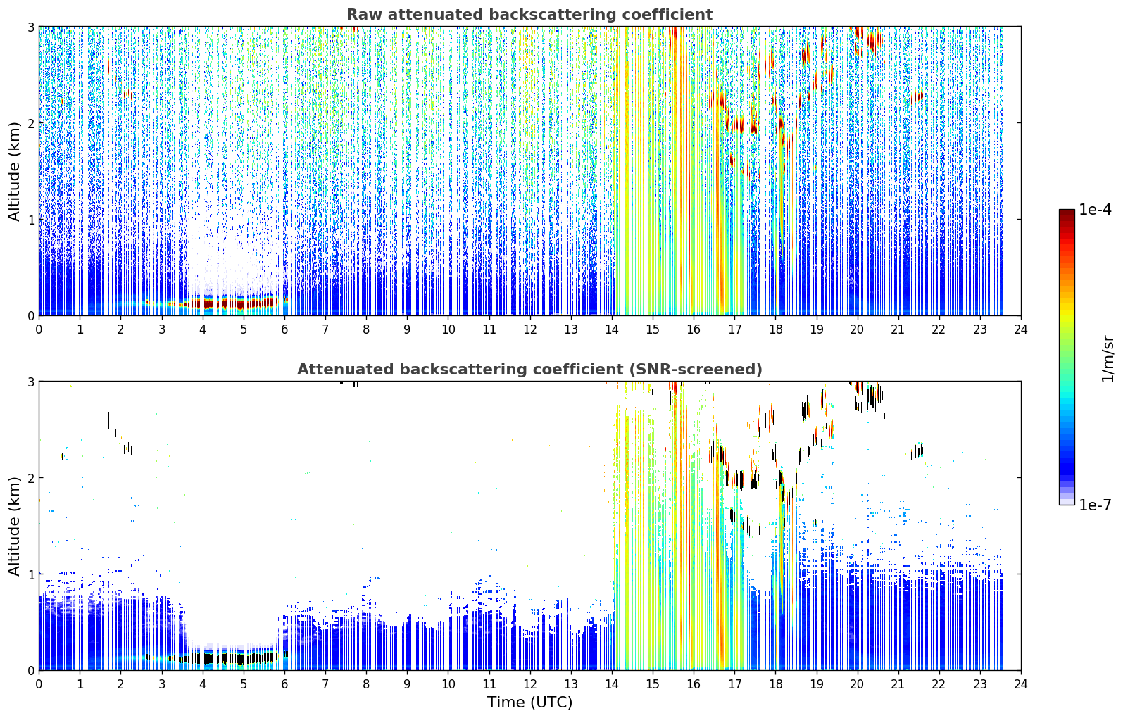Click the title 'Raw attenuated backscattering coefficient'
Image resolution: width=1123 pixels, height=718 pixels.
pos(529,15)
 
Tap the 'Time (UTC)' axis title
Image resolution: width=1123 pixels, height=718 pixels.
pos(529,702)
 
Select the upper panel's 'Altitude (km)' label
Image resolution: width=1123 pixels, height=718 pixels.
pos(14,171)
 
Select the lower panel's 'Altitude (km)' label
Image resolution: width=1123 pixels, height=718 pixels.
pos(14,526)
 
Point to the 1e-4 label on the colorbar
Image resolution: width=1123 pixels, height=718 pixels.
pos(1095,210)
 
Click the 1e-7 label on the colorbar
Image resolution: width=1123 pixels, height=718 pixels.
pos(1095,505)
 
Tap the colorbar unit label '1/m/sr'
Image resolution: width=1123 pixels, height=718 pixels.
pos(1108,359)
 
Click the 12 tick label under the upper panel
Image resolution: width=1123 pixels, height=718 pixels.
pos(530,329)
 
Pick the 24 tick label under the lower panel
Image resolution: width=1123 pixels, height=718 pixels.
pos(1021,684)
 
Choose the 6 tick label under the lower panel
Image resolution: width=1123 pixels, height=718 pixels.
pos(284,684)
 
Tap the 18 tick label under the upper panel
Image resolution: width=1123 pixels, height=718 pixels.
pos(776,329)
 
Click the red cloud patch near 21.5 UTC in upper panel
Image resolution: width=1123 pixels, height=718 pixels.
pos(917,96)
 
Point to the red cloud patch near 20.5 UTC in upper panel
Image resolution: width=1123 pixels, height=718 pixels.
pos(875,40)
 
